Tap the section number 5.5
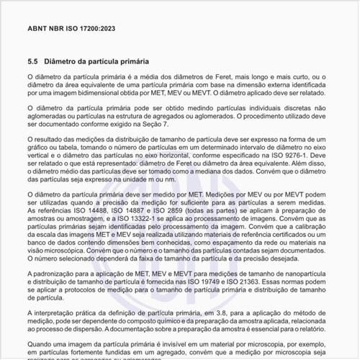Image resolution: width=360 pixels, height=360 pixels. point(32,62)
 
